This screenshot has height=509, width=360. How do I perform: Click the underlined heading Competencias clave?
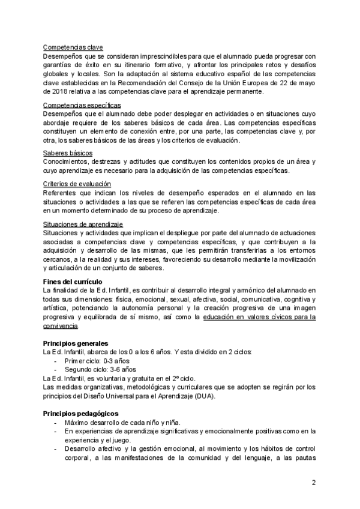[x=73, y=47]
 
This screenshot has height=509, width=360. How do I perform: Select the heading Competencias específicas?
[x=82, y=106]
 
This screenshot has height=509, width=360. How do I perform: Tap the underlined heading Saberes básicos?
[x=68, y=154]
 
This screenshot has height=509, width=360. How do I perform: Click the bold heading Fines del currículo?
[x=73, y=282]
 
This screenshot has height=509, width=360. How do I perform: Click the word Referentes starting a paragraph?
[x=62, y=192]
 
